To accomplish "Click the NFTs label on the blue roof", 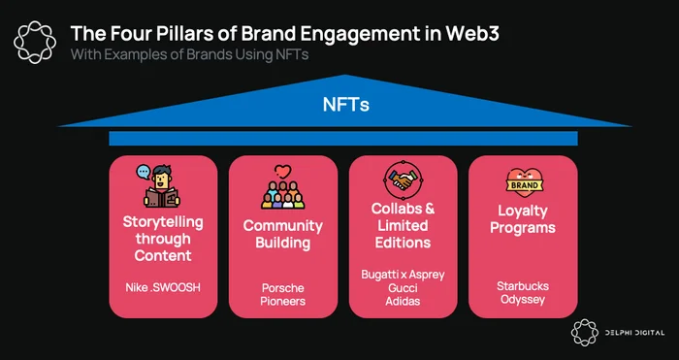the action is click(345, 105).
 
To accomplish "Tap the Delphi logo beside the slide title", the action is click(35, 42).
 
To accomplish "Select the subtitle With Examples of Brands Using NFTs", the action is click(190, 55).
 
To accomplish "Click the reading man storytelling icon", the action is click(160, 185).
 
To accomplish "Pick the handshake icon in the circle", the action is click(403, 180).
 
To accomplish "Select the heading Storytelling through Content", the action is click(163, 239).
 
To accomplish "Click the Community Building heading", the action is click(283, 234).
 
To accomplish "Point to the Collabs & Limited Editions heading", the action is click(403, 225).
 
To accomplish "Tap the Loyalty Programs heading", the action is click(523, 219).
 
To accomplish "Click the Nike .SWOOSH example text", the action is click(163, 287).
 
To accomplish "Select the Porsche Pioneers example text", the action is click(283, 295).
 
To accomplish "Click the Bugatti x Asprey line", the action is click(403, 275).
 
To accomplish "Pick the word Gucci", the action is click(403, 288).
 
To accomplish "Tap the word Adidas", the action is click(403, 301).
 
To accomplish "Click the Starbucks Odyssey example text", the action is click(523, 293).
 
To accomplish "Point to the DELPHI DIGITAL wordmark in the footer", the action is click(634, 333).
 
